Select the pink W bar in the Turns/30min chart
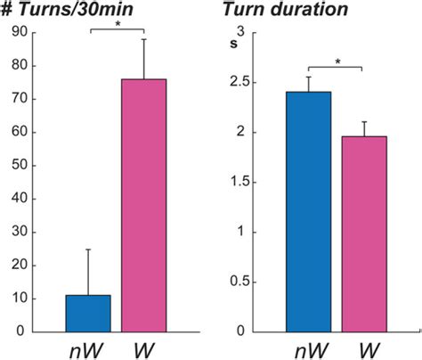[x=143, y=205]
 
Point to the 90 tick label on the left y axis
[x=18, y=33]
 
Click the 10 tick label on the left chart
[x=18, y=299]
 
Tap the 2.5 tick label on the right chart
[x=239, y=83]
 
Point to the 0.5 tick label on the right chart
[x=239, y=282]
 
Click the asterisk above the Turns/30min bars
[x=117, y=25]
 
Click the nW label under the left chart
[x=85, y=347]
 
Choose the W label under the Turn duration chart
[x=363, y=347]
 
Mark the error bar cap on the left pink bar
[x=143, y=39]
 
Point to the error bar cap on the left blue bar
[x=87, y=250]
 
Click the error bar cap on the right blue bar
[x=307, y=77]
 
